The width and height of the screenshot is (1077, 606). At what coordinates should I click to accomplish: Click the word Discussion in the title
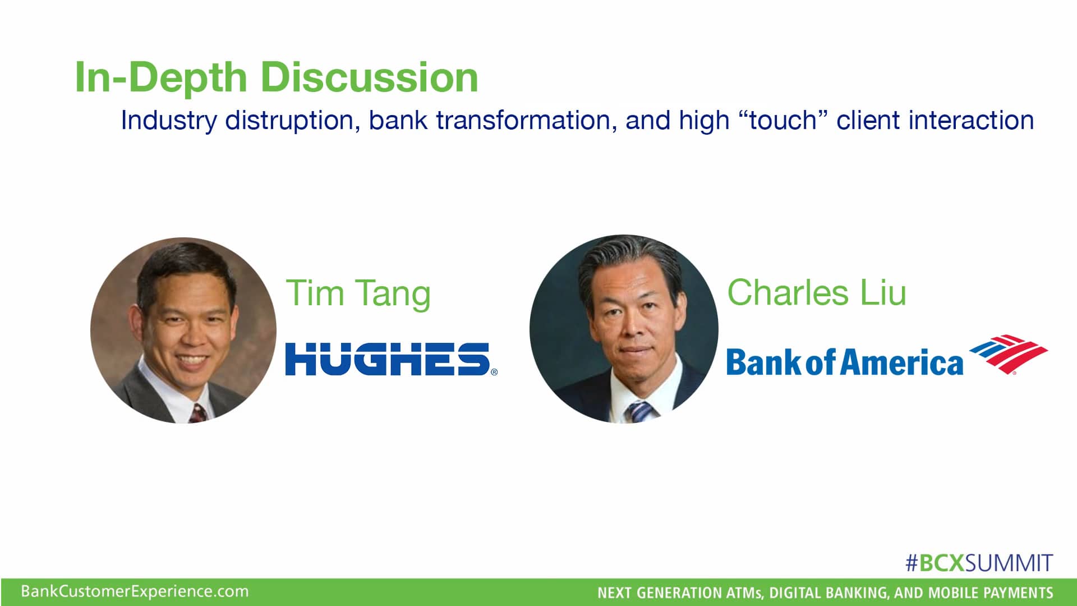coord(369,77)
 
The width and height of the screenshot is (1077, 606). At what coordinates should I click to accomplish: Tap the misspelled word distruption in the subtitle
coord(292,120)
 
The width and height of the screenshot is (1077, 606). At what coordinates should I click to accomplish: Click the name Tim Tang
coord(358,293)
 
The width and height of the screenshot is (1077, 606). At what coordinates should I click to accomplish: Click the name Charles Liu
coord(816,292)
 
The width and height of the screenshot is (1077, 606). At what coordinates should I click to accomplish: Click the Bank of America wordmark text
coord(844,362)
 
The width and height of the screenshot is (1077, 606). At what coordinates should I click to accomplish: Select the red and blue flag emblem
coord(1008,353)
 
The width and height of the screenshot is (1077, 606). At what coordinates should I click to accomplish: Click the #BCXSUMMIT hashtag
coord(979,563)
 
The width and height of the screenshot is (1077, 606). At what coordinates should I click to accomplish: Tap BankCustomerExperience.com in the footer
coord(135,591)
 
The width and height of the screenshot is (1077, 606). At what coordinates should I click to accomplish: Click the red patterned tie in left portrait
coord(197,414)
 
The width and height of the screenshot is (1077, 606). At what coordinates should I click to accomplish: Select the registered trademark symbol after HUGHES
coord(494,372)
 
